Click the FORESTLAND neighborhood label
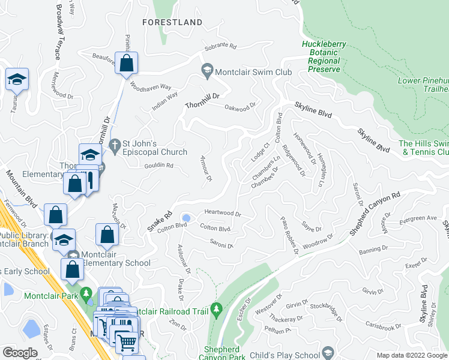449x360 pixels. [x=172, y=22]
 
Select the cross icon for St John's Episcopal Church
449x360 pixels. [x=114, y=144]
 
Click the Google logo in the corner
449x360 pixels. [x=20, y=352]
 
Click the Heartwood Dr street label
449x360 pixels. [x=222, y=214]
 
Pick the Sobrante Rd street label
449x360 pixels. [x=221, y=46]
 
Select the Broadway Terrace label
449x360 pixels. [x=58, y=33]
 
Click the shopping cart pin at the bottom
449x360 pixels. [x=127, y=343]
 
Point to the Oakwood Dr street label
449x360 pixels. [x=240, y=109]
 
